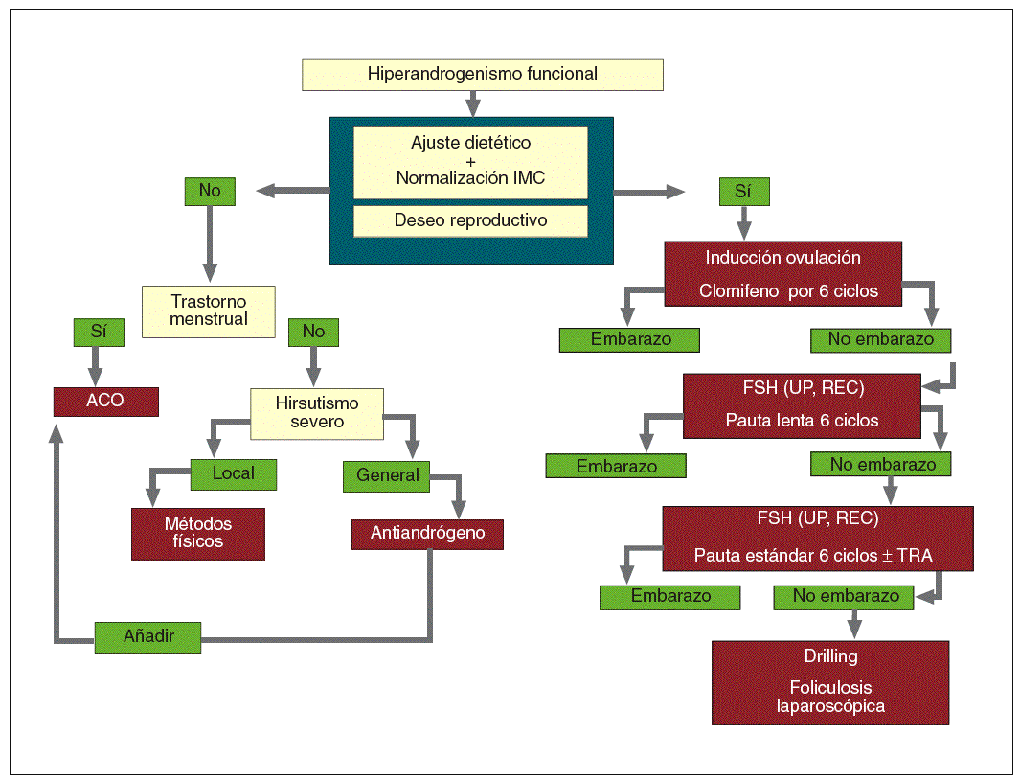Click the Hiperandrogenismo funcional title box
pos(482,75)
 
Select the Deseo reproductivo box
pos(470,220)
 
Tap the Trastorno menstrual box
pos(208,311)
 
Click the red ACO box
pos(105,402)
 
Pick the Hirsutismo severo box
pos(317,413)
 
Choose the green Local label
pos(233,474)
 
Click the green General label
pos(386,476)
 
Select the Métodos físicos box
pos(197,533)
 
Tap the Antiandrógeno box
pos(427,534)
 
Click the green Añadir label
pos(147,636)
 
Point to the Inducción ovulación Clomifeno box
pos(782,273)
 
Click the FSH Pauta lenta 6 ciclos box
pos(802,405)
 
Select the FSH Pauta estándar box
pos(818,539)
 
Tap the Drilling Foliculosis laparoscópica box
pos(830,682)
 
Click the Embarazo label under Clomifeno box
pos(629,340)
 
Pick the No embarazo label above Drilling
pos(843,597)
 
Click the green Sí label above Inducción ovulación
pos(744,192)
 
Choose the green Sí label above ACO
pos(99,333)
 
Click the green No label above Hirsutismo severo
pos(313,333)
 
